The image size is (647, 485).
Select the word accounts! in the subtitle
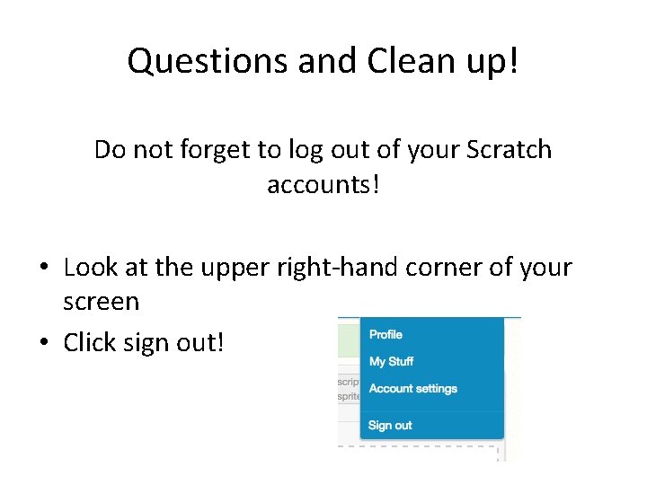(x=323, y=184)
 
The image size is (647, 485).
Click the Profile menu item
(x=386, y=334)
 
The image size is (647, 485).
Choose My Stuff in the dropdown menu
(x=391, y=361)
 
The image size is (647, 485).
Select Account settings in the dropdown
(x=412, y=389)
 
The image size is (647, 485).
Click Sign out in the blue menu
(x=390, y=426)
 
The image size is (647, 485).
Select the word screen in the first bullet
(x=101, y=302)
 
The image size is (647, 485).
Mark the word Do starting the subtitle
(x=110, y=149)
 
